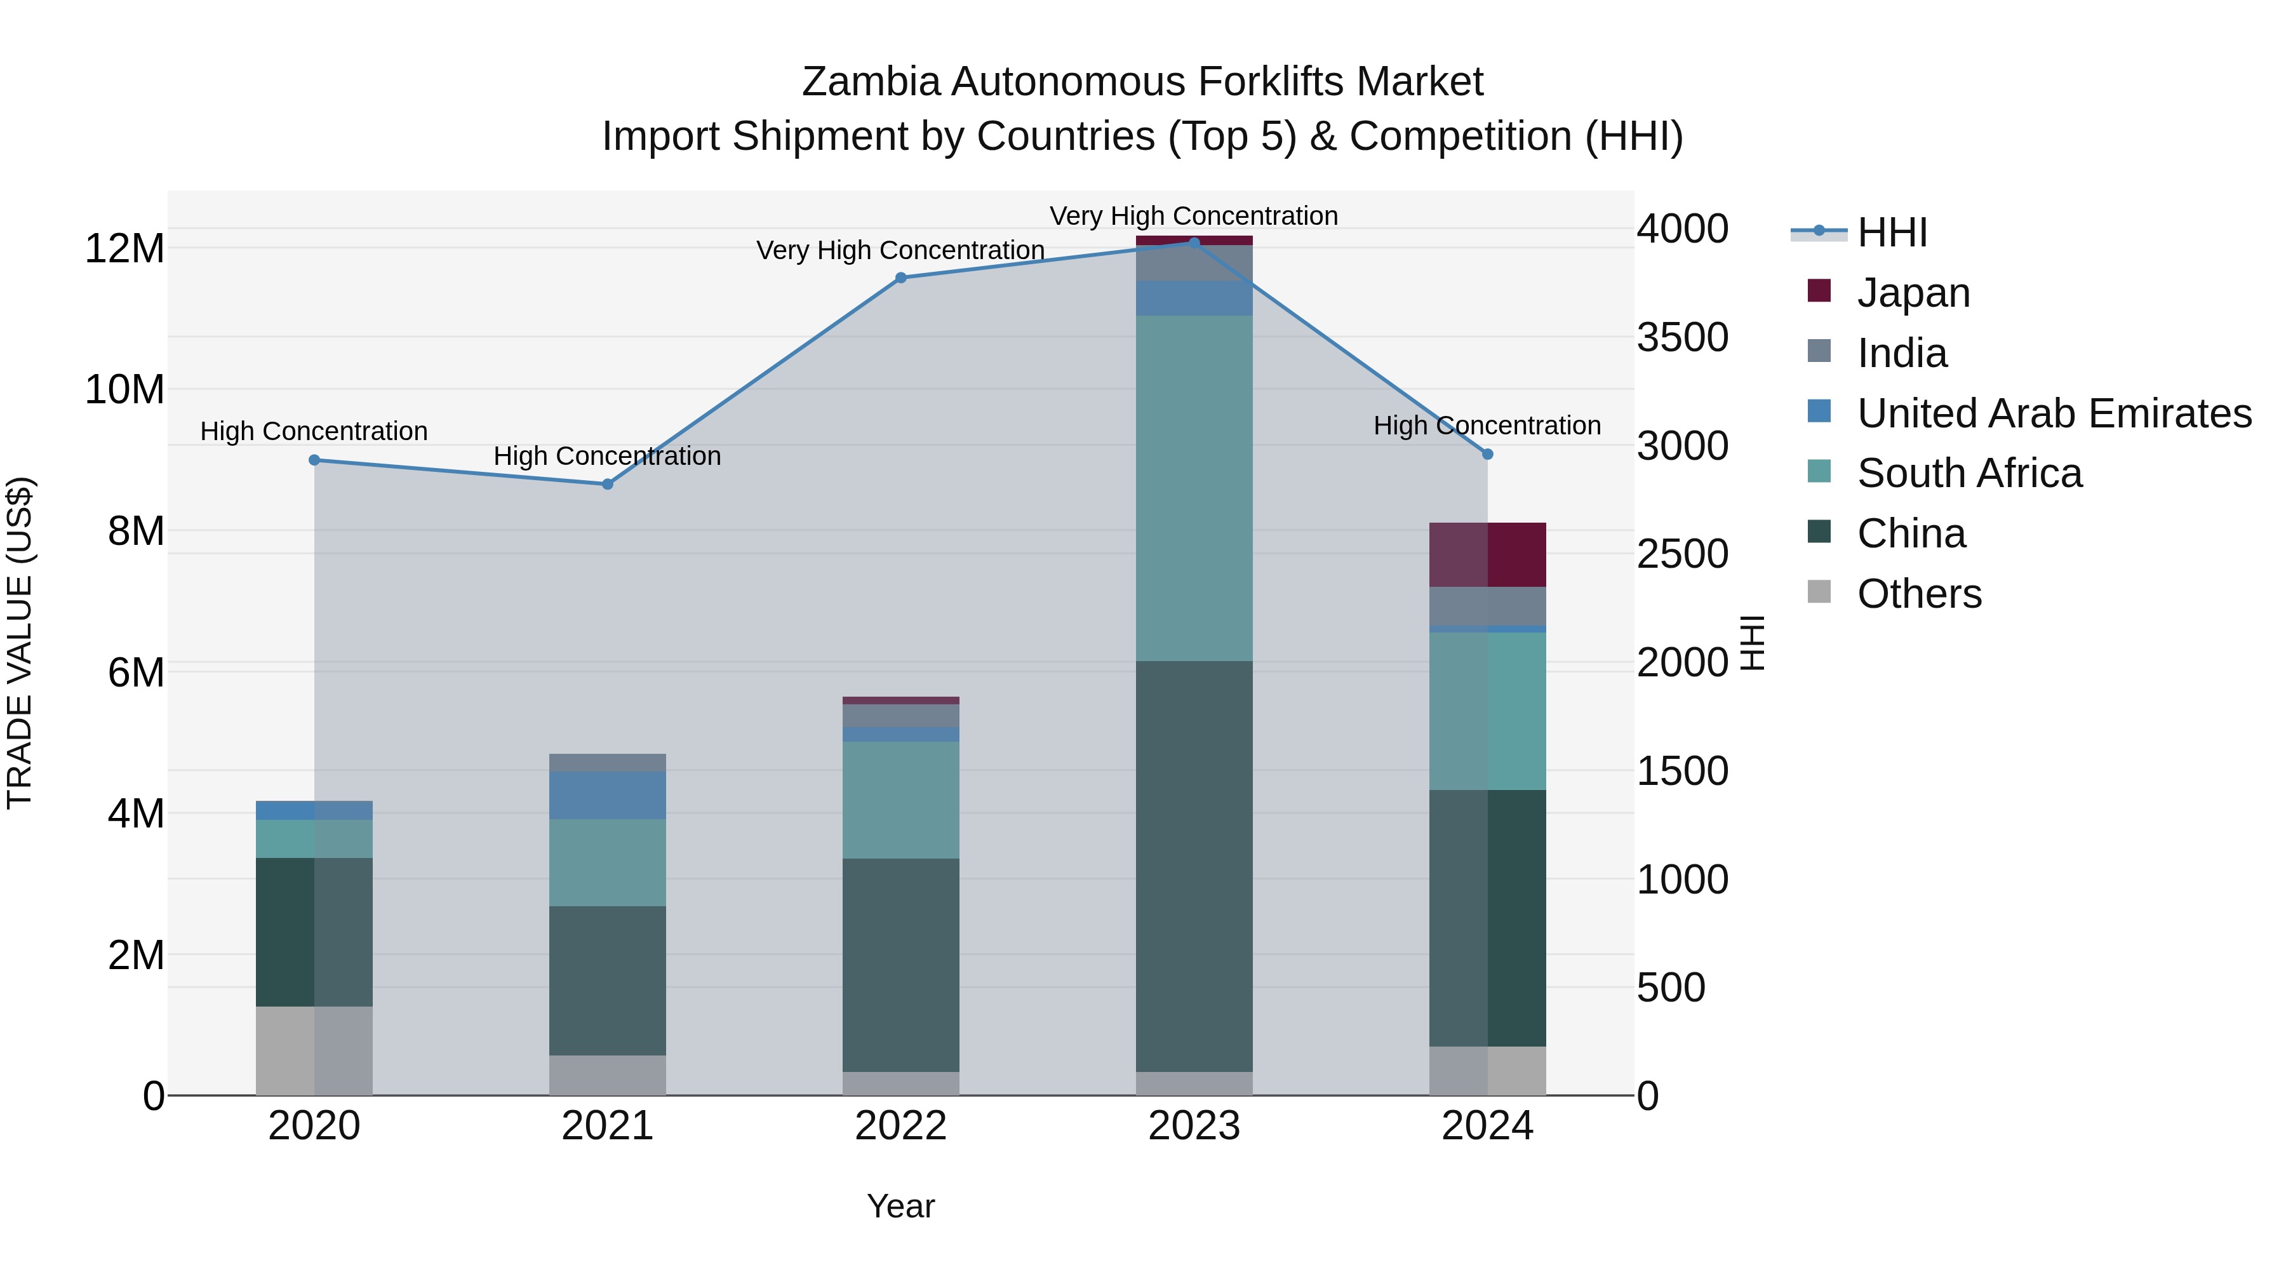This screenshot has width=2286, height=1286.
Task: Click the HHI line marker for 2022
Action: point(900,278)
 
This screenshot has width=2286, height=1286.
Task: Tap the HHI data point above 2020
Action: point(314,460)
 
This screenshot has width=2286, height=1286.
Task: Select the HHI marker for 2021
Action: point(608,484)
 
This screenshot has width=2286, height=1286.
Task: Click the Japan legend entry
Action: point(1913,293)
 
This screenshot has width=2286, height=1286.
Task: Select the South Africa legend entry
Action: point(1968,473)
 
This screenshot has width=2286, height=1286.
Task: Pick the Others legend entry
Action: point(1918,594)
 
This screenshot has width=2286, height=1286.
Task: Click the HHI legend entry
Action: point(1891,232)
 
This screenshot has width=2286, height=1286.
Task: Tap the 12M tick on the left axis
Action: point(124,248)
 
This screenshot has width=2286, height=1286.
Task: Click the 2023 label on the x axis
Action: point(1194,1126)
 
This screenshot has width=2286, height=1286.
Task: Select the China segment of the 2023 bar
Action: point(1194,866)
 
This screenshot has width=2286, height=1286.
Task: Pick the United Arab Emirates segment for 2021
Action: point(608,794)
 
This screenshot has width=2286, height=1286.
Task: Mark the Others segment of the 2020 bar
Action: point(314,1051)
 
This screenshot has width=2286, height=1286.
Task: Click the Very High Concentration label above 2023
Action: point(1194,216)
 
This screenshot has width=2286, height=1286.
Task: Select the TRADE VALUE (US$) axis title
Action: point(20,643)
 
